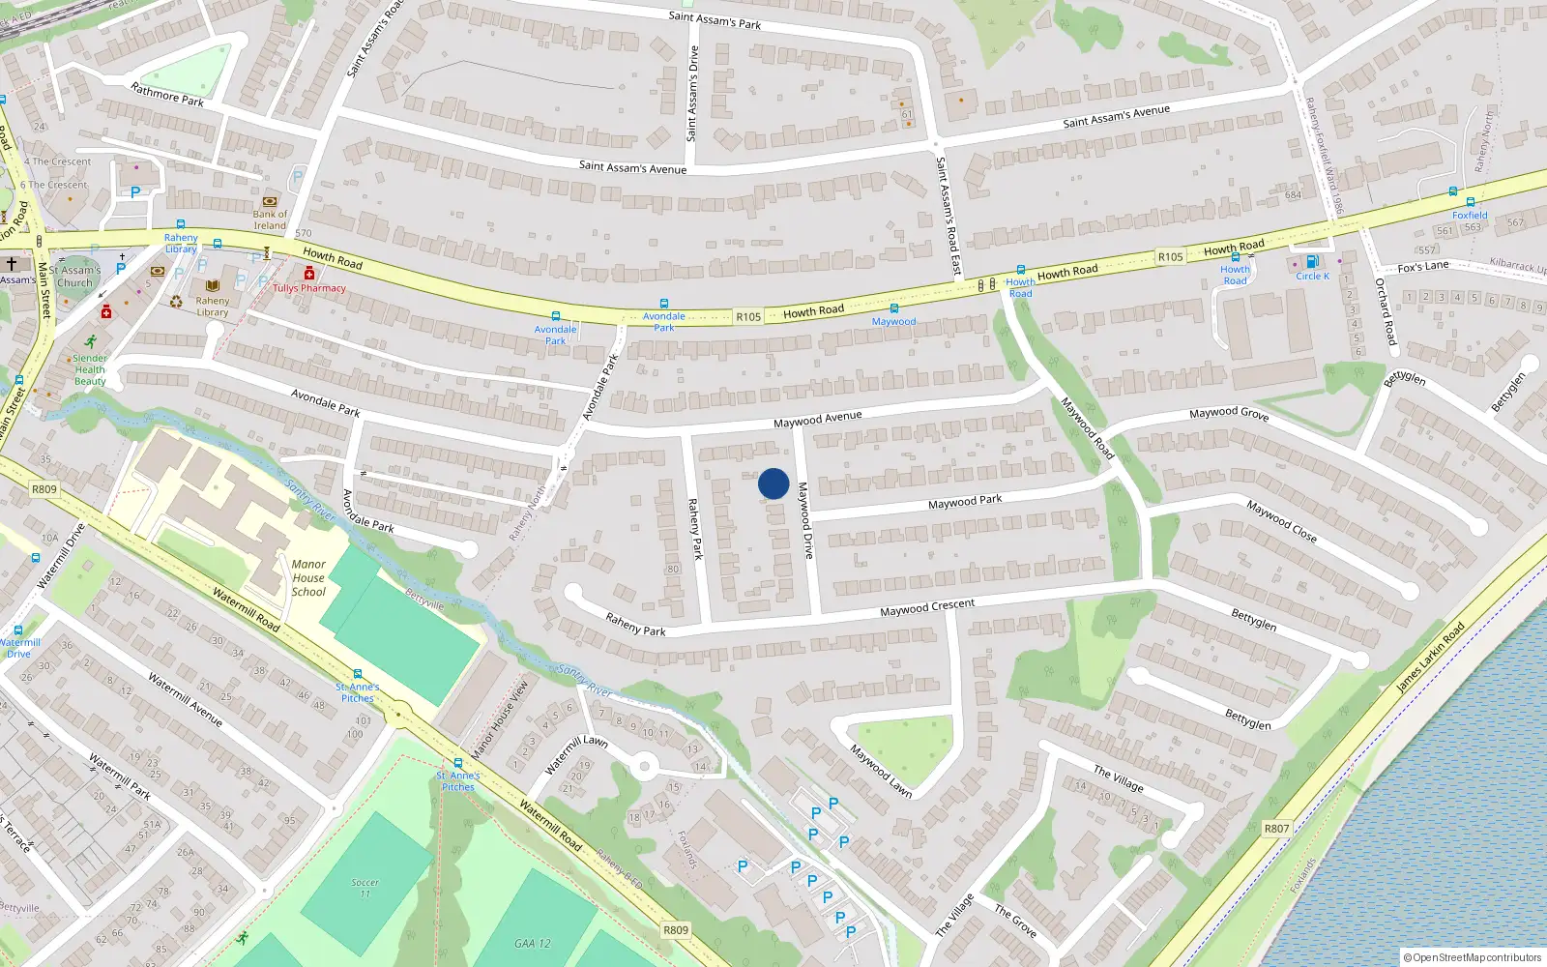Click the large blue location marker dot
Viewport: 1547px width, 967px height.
(773, 483)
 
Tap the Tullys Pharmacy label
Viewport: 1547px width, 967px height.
(308, 288)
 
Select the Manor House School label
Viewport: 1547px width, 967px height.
(308, 577)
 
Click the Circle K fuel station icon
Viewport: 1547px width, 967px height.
(1312, 261)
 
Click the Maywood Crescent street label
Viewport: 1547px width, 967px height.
(926, 607)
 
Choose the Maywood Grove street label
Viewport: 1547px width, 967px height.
(1228, 413)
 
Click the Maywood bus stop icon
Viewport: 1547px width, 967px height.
(893, 308)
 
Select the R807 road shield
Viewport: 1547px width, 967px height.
(1276, 828)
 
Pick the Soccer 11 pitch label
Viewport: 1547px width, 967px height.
(365, 887)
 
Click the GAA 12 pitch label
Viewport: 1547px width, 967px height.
(532, 943)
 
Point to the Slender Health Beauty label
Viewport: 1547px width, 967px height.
(90, 369)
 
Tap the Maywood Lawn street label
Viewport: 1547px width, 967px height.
(881, 770)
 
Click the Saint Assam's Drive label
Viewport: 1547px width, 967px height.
(692, 94)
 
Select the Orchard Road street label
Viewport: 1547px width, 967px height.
(1386, 311)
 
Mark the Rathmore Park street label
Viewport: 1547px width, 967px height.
(167, 94)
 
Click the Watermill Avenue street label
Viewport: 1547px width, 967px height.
(185, 699)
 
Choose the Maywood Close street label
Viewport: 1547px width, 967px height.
(1280, 520)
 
